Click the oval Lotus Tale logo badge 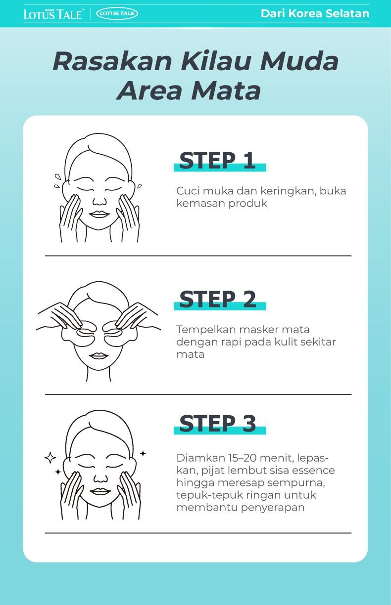[117, 13]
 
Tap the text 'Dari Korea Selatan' [315, 13]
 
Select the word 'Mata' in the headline [226, 91]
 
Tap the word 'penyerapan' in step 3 [273, 508]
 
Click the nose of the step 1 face [99, 201]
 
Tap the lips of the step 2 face [99, 355]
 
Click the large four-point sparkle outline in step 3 [50, 457]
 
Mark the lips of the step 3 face [100, 491]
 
